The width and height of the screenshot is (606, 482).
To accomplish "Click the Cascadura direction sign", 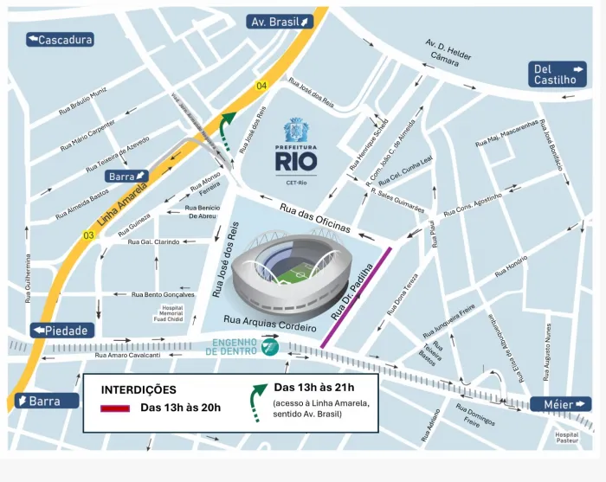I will pyautogui.click(x=60, y=40).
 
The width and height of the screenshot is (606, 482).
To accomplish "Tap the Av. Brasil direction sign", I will pyautogui.click(x=280, y=22).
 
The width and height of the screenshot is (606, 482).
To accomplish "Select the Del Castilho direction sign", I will pyautogui.click(x=558, y=74).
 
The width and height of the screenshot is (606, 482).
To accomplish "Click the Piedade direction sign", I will pyautogui.click(x=61, y=331).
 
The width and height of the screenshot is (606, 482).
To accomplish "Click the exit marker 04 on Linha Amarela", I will pyautogui.click(x=261, y=85).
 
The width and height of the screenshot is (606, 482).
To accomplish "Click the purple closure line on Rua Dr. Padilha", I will pyautogui.click(x=356, y=298).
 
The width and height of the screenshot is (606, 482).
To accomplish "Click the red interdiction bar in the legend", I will pyautogui.click(x=114, y=408).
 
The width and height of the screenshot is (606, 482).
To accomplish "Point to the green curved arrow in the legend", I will pyautogui.click(x=258, y=401).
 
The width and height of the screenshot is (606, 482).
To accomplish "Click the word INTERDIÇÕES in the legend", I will pyautogui.click(x=139, y=390).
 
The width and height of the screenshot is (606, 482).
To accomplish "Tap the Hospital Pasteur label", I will pyautogui.click(x=566, y=439).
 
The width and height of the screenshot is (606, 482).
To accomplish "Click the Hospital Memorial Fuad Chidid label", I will pyautogui.click(x=171, y=313).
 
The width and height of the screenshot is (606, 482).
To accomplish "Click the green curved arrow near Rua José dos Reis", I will pyautogui.click(x=226, y=130).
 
